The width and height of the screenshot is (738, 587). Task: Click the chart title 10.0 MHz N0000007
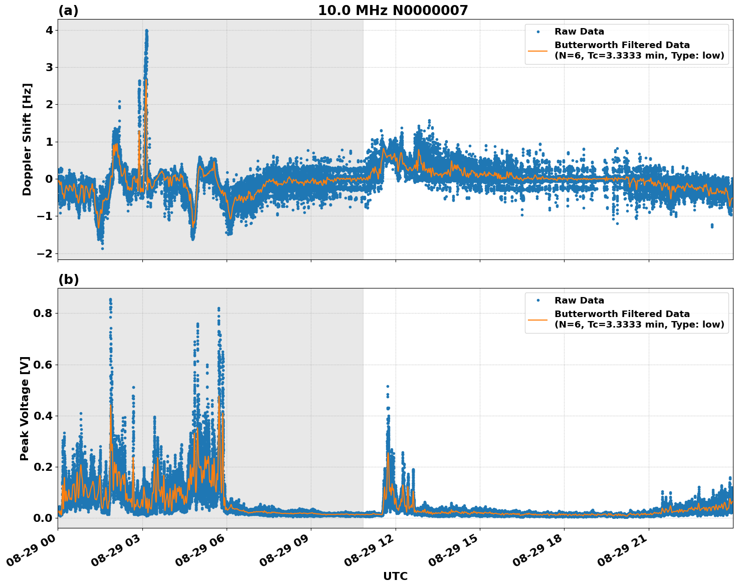tap(393, 11)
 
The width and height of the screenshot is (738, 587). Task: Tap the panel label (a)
tap(68, 11)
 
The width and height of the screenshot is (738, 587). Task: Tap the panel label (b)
tap(68, 279)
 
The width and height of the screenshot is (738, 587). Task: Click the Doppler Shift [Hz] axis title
tap(27, 139)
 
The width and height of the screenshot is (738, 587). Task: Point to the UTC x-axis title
tap(395, 576)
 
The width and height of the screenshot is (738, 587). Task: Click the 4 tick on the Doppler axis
tap(49, 31)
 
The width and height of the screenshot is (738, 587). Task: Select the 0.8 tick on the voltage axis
tap(43, 314)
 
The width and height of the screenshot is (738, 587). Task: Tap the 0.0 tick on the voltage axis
tap(43, 518)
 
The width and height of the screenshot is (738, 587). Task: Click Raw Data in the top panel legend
tap(579, 32)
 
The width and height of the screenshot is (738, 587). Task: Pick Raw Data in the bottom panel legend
tap(579, 301)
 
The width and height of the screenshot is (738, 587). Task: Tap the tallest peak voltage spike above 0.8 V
tap(110, 300)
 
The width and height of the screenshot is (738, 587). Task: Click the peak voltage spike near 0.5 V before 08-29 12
tap(388, 387)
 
